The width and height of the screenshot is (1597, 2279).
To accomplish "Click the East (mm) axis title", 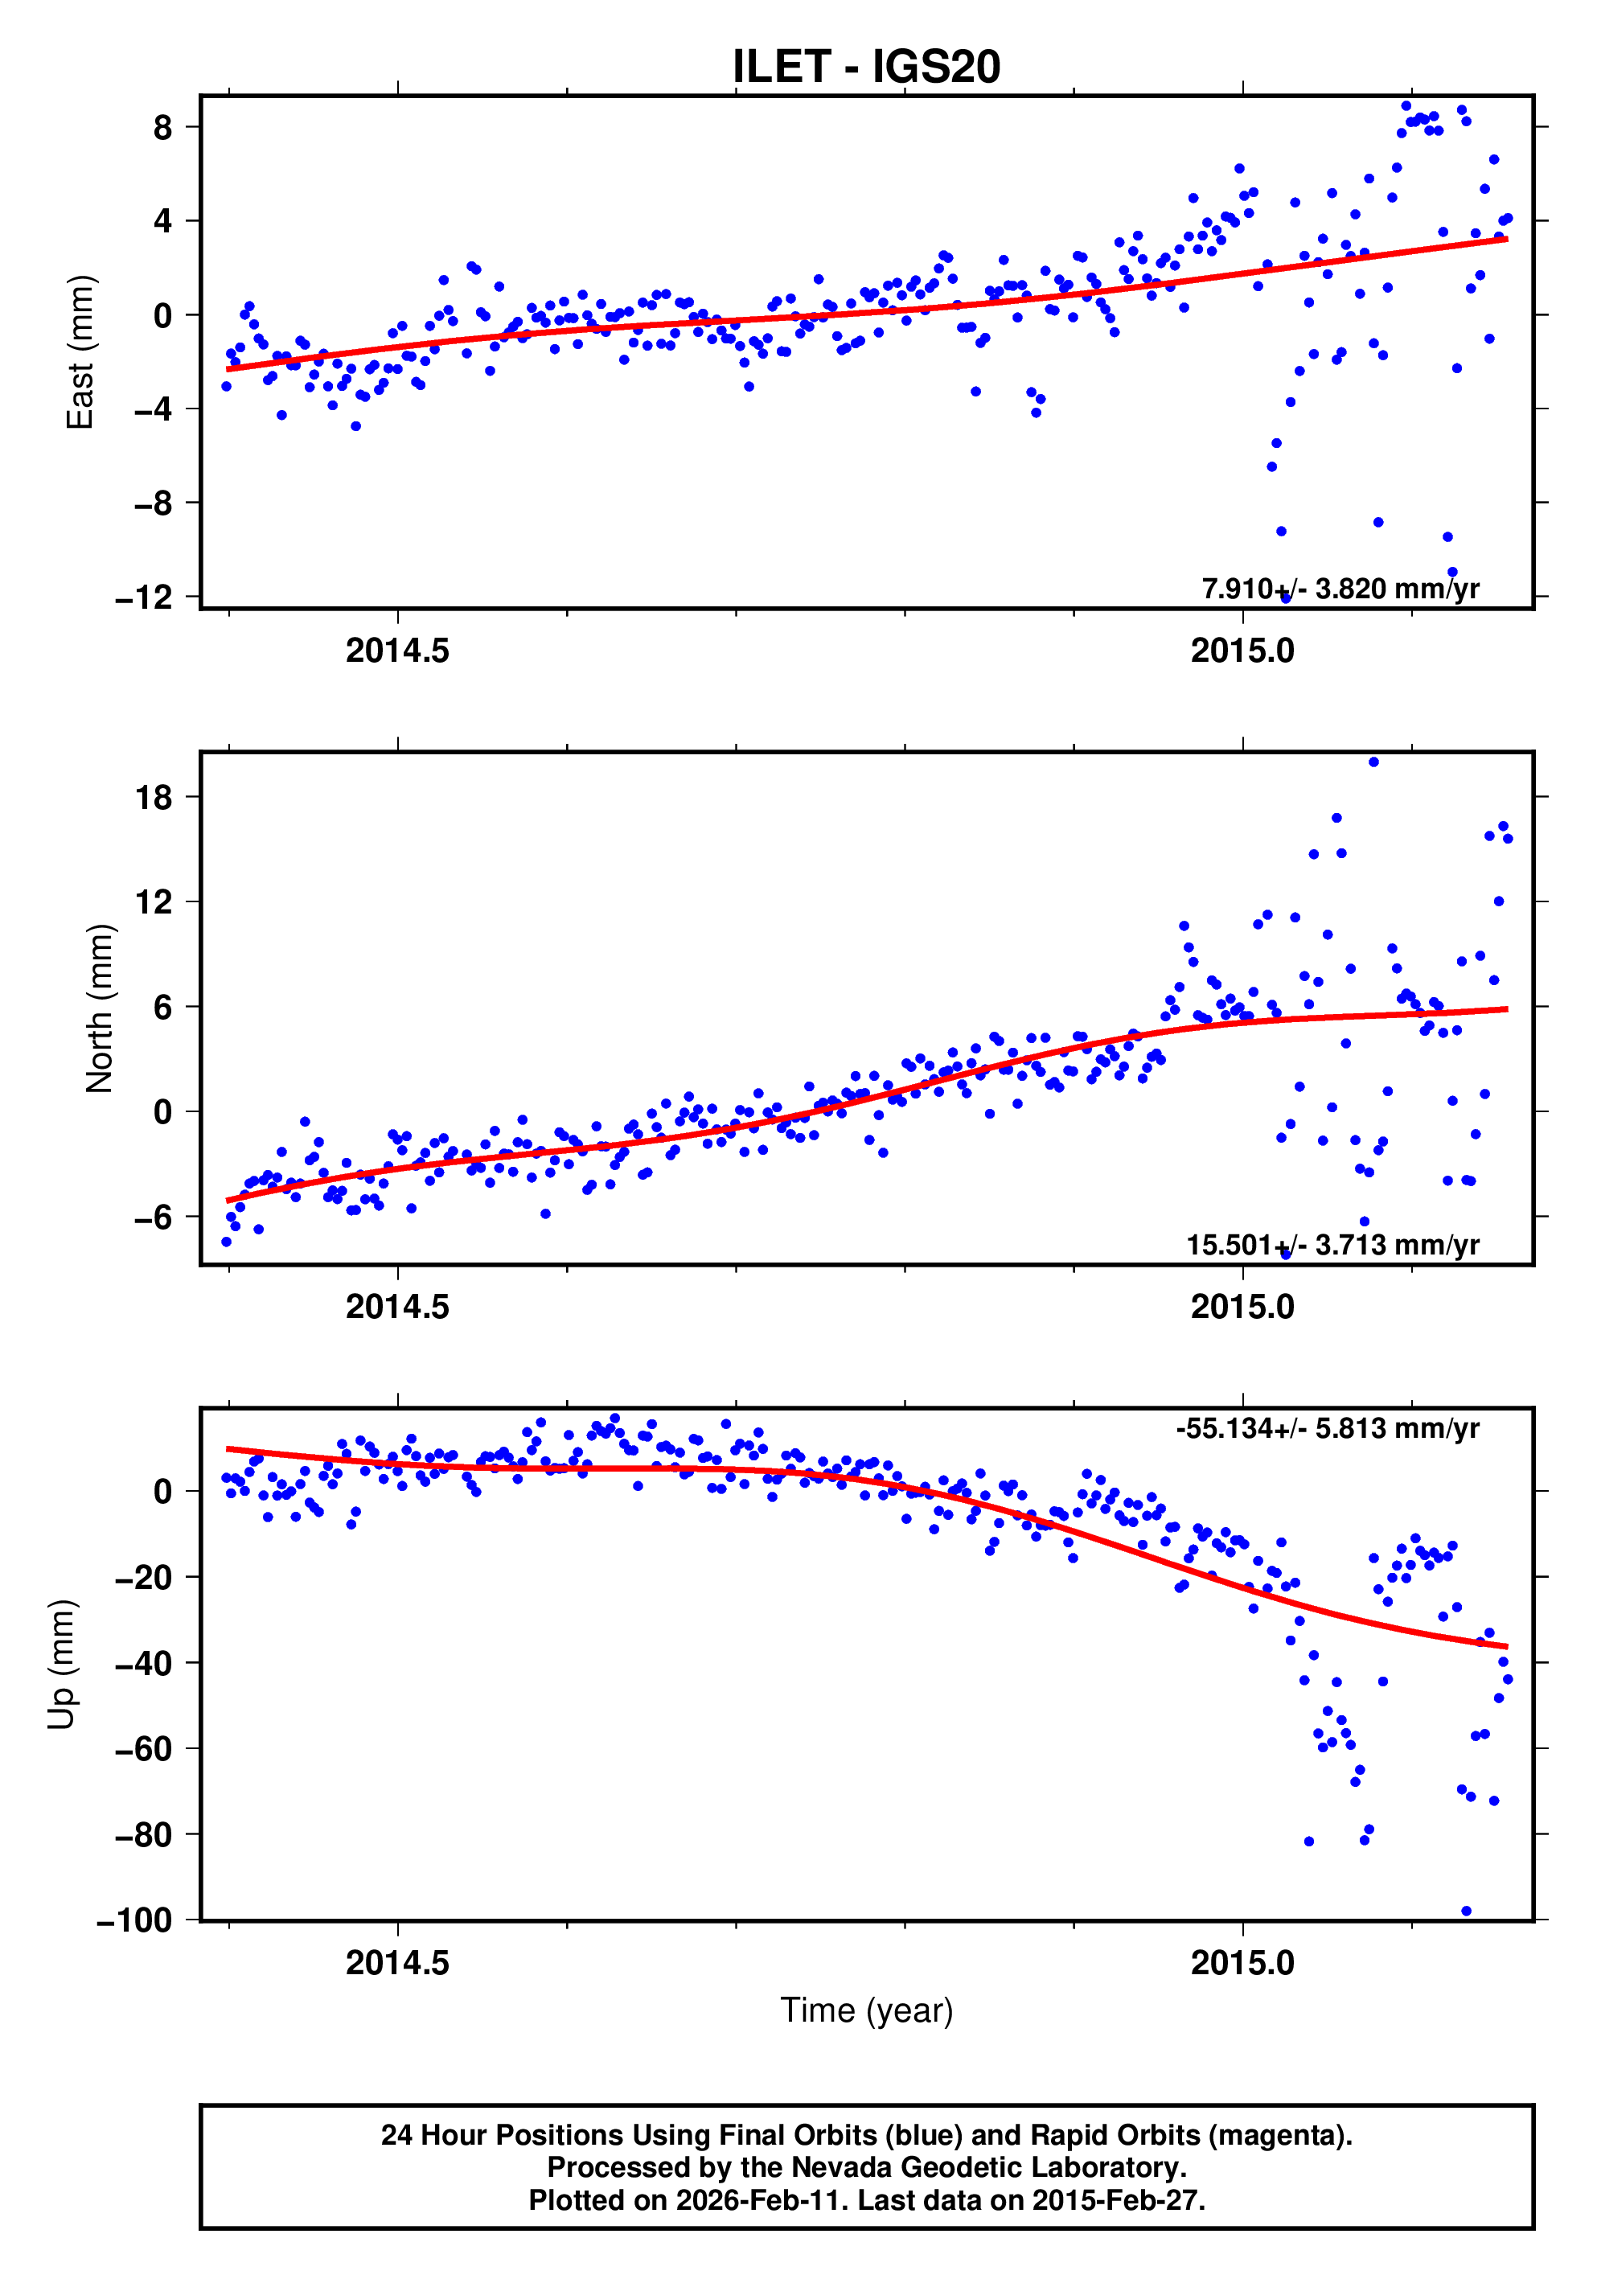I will coord(80,352).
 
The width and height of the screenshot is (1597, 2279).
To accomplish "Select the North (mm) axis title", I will coord(99,1008).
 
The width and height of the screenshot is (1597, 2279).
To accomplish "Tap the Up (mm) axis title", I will coord(62,1665).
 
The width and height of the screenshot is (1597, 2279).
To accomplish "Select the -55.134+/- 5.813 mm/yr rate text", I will coord(1327,1428).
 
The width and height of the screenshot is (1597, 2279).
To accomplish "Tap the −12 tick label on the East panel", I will coord(144,597).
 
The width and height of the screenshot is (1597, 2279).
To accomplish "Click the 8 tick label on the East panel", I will coord(162,127).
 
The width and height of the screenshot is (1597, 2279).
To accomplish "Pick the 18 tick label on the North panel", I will coord(153,797).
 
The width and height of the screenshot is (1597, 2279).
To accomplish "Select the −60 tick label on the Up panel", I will coord(144,1749).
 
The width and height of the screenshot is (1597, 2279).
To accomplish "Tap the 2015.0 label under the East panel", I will coord(1242,651).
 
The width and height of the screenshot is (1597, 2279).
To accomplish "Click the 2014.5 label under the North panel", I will coord(397,1308).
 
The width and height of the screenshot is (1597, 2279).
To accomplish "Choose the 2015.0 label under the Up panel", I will coord(1242,1963).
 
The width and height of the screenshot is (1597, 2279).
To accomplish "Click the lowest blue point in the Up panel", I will coord(1466,1911).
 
